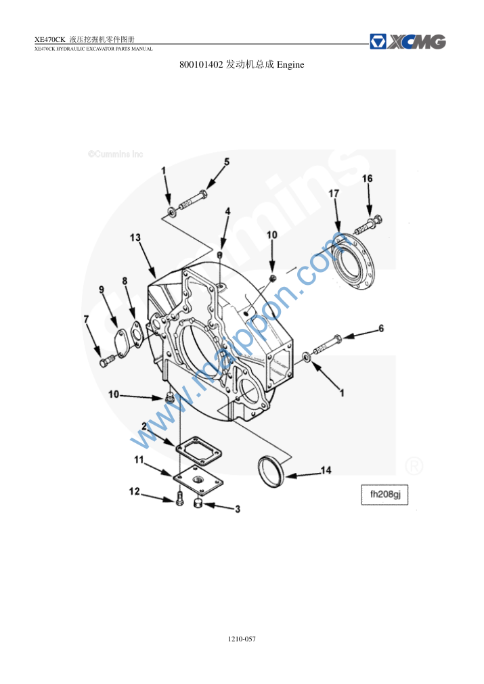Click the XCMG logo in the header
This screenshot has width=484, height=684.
(408, 42)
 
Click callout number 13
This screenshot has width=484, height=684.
(135, 237)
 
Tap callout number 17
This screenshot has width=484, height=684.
(334, 193)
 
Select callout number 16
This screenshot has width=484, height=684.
(368, 179)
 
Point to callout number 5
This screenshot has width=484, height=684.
(227, 162)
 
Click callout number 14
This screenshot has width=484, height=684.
(326, 470)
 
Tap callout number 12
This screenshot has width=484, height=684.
(135, 492)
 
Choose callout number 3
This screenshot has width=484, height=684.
(238, 509)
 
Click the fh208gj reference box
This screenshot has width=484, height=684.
(384, 495)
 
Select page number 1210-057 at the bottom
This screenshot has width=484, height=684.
(242, 639)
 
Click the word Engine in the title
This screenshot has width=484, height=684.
(290, 64)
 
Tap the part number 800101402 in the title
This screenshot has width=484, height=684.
(201, 64)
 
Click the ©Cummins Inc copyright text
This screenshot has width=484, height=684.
(115, 154)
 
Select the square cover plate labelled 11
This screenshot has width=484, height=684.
(198, 480)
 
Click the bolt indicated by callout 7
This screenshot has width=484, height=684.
(106, 361)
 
